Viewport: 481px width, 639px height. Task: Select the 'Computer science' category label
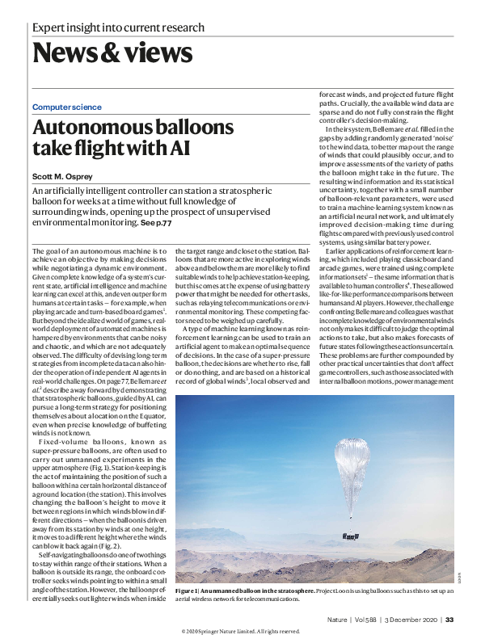tap(67, 107)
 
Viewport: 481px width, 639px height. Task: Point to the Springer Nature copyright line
tap(240, 631)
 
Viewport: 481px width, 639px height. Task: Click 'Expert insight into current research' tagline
tap(118, 28)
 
